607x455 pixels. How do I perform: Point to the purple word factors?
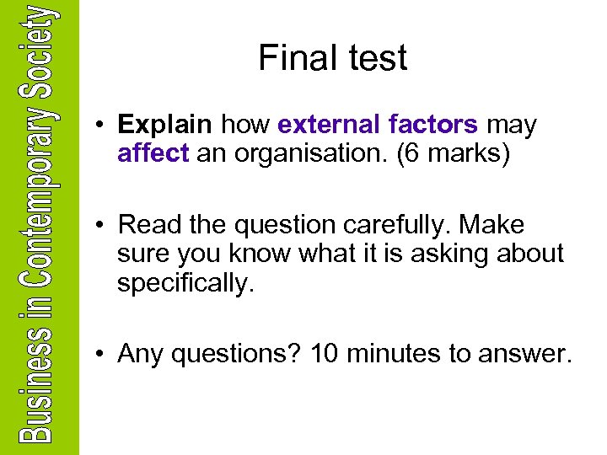(435, 126)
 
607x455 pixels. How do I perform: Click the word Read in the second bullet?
(147, 225)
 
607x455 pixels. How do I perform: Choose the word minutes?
(396, 355)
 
